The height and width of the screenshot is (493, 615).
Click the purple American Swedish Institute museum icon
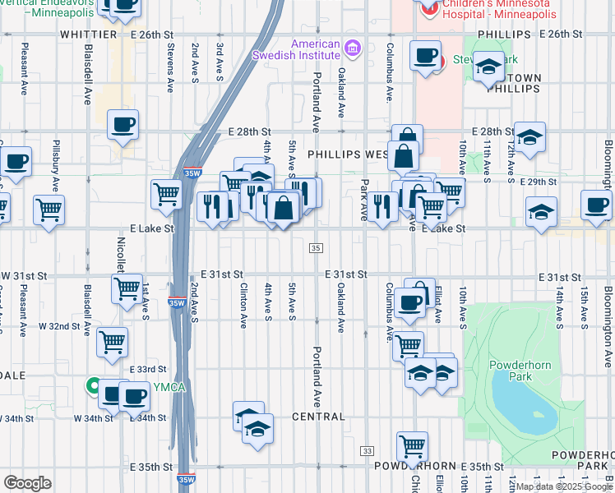point(352,48)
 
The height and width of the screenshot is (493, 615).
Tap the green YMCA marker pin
point(95,385)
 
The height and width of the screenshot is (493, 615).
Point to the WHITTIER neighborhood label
point(88,35)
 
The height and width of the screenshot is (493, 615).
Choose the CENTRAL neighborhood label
point(318,417)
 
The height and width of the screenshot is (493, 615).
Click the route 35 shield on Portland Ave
point(316,248)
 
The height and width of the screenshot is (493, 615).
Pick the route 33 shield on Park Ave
point(367,451)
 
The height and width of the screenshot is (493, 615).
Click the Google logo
point(28,482)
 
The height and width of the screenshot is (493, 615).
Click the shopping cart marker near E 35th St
point(412,447)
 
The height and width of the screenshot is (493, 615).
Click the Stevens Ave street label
point(170,67)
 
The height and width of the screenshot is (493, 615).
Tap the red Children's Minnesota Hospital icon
point(428,8)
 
